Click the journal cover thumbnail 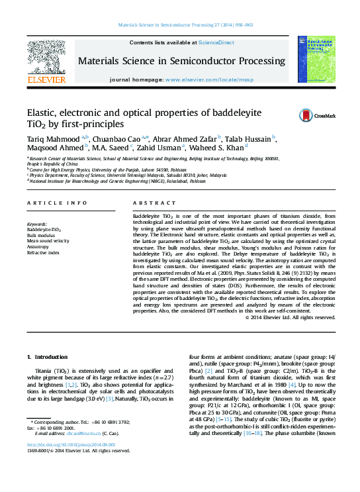[316, 59]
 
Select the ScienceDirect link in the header [216, 42]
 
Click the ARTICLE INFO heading [57, 203]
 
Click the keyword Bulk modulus [42, 235]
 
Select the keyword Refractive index [44, 253]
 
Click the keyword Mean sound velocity [48, 241]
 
